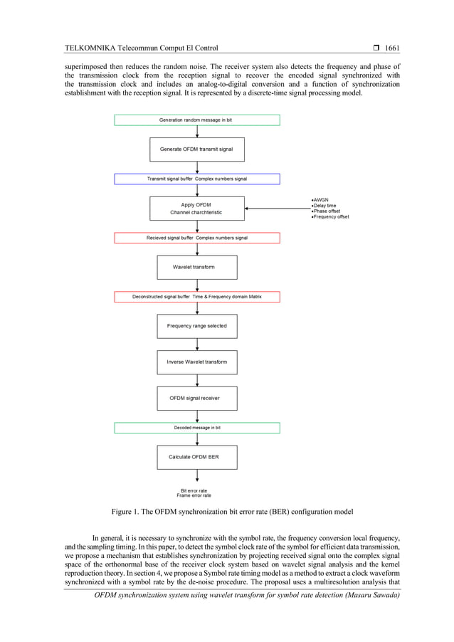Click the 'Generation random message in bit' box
[x=197, y=120]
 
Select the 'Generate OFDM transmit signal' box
[x=197, y=149]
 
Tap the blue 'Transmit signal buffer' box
[x=197, y=179]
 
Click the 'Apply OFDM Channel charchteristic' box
[x=197, y=209]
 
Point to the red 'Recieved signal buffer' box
[x=197, y=238]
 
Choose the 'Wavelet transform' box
[x=197, y=267]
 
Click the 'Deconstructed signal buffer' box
[x=197, y=296]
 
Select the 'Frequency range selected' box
[x=197, y=326]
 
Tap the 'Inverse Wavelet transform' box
[x=197, y=362]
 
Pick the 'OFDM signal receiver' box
[x=197, y=398]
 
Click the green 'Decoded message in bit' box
[x=197, y=428]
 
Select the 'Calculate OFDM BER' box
[x=197, y=457]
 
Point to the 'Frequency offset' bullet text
[x=331, y=216]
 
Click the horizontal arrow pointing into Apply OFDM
[x=278, y=209]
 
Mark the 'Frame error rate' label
[x=194, y=495]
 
